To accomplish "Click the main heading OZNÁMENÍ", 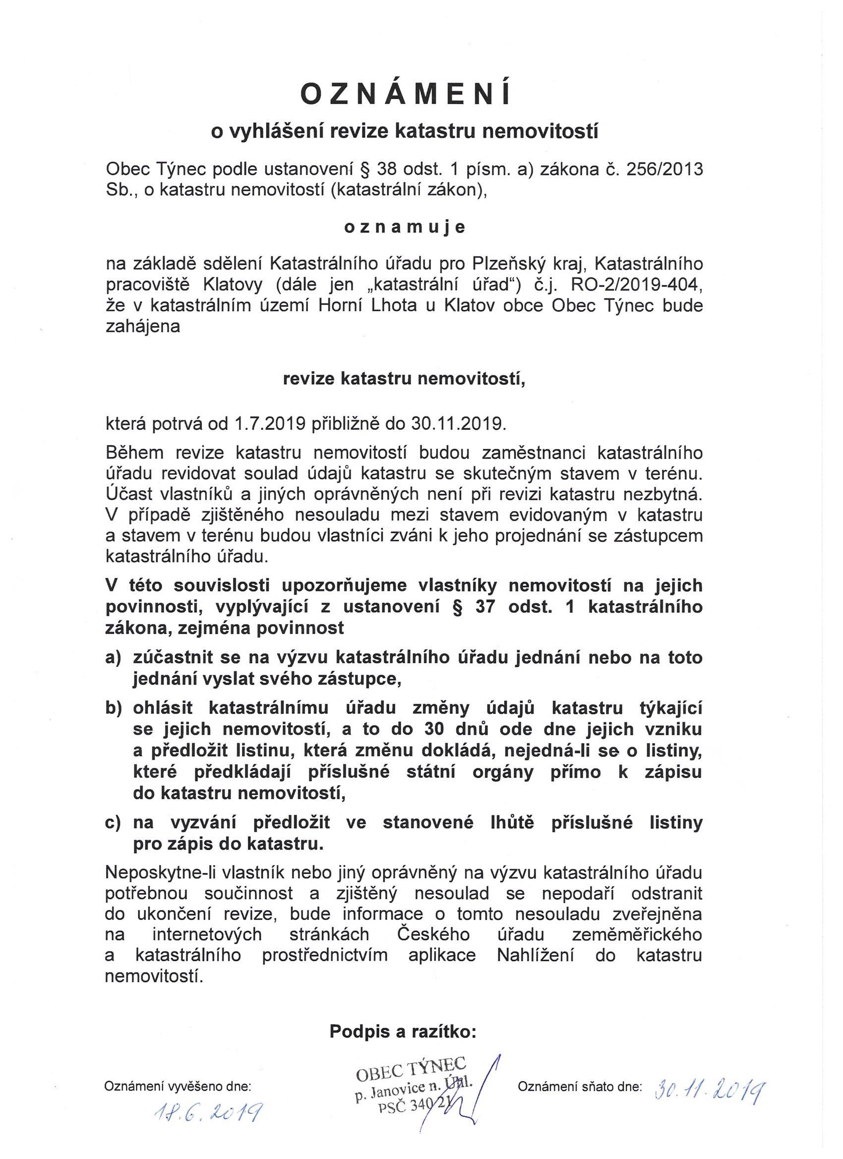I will point(406,94).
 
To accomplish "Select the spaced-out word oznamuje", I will point(404,228).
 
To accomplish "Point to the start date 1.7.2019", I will point(270,424).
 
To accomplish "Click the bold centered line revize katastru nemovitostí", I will point(404,379).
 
